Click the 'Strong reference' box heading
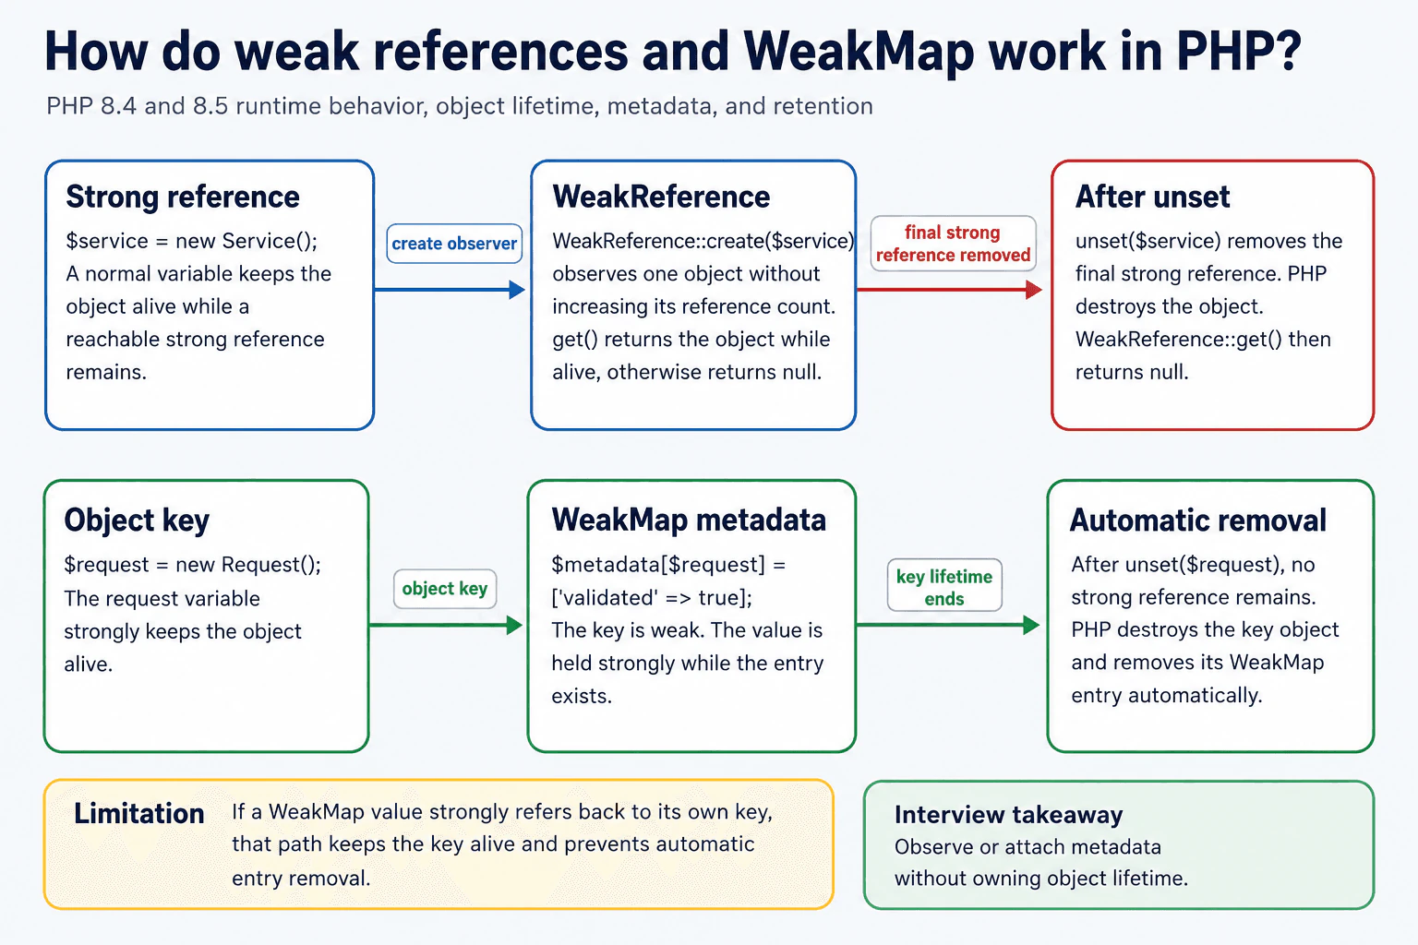pos(182,197)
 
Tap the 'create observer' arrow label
pos(454,244)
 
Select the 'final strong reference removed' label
pos(953,244)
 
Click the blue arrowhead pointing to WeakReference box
pos(517,290)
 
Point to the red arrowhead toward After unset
pos(1034,290)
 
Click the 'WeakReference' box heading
pos(661,197)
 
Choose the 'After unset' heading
pos(1152,197)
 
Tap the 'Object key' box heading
pos(137,520)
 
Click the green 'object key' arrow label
pos(444,589)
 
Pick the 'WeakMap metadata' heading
pos(689,520)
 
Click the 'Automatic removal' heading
pos(1197,520)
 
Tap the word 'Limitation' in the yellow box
pos(139,814)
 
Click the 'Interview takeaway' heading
pos(1008,815)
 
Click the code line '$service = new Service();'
pos(192,241)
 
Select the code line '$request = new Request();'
pos(192,565)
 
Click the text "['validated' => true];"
pos(652,597)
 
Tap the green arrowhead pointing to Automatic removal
pos(1031,626)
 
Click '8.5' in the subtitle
pos(210,106)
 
